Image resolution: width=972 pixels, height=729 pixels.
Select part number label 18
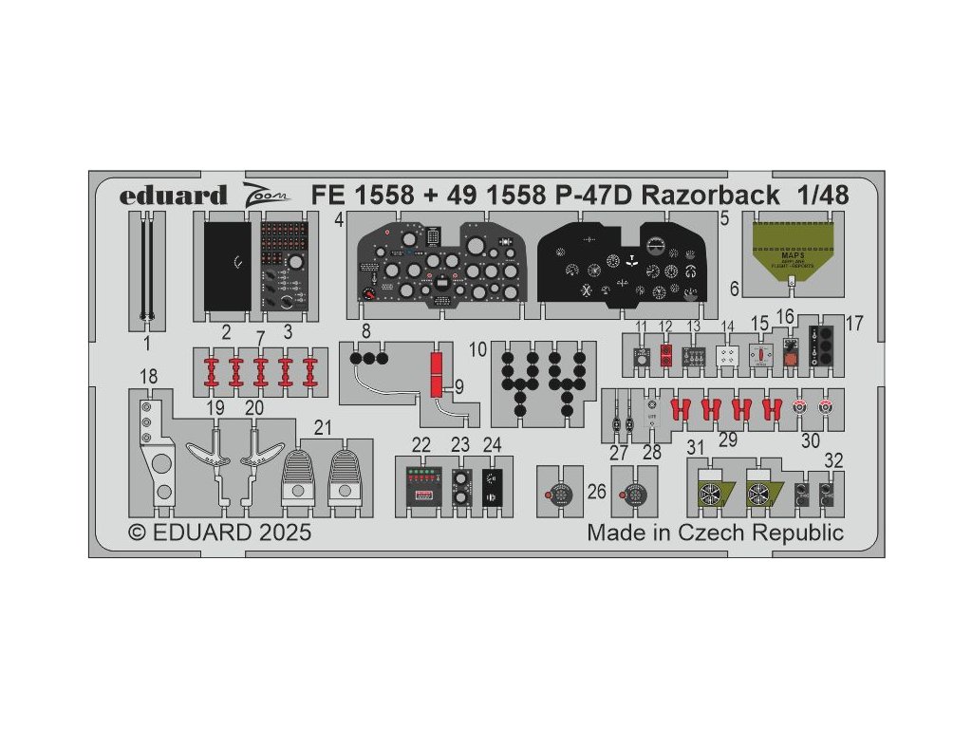(x=148, y=376)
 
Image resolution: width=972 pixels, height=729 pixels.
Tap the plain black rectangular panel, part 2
(x=228, y=266)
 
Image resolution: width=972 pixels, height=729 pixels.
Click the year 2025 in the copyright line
(x=283, y=533)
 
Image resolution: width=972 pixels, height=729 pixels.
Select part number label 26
(x=597, y=492)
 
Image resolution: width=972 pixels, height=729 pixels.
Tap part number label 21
(x=324, y=428)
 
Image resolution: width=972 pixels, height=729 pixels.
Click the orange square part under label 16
(x=790, y=356)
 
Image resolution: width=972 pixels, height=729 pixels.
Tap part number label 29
(x=727, y=440)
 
